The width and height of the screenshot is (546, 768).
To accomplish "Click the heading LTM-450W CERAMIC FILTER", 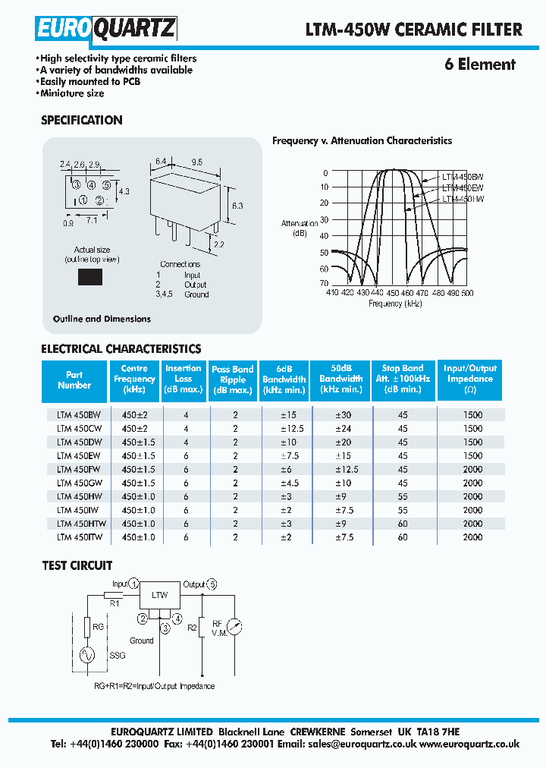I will [413, 30].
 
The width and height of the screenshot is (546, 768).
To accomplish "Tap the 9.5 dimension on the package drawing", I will [196, 162].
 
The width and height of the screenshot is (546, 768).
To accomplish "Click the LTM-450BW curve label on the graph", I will [462, 176].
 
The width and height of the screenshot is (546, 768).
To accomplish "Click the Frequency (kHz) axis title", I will [395, 304].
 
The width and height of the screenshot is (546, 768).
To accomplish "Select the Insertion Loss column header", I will [184, 379].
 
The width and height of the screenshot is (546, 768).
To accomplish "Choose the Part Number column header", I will [74, 380].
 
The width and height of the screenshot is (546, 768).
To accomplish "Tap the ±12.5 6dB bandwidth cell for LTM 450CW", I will [284, 428].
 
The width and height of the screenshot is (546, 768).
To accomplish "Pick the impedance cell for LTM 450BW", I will [472, 415].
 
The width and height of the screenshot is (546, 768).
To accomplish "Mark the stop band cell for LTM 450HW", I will [402, 496].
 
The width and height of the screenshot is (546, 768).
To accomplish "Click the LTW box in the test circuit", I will [160, 596].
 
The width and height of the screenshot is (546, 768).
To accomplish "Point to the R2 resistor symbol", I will [202, 628].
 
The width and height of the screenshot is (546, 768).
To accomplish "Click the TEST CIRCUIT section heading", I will [77, 565].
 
